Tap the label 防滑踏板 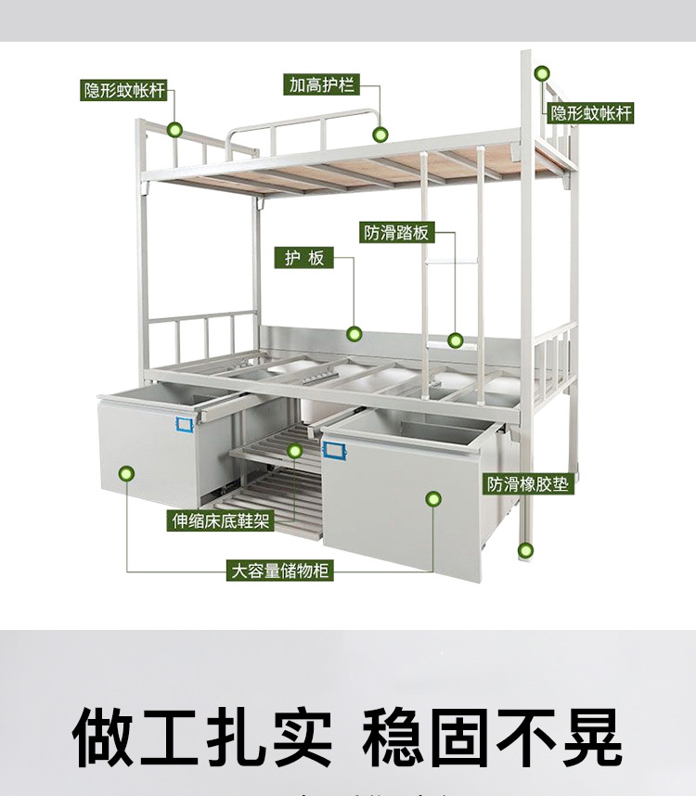397,232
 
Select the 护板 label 304,258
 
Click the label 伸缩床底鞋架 221,520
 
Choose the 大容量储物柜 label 280,571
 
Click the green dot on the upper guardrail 380,135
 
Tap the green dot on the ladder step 456,340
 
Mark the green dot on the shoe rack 295,452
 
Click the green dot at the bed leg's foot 526,550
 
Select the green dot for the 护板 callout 354,334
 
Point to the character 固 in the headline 461,738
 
